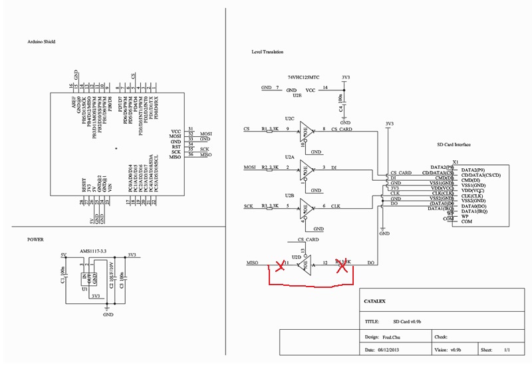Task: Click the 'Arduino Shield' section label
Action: coord(41,41)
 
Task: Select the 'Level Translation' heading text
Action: coord(267,51)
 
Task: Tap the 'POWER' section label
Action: coord(36,239)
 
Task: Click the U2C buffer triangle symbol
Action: coord(307,130)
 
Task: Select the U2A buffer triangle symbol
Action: coord(307,168)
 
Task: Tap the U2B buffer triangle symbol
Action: coord(307,207)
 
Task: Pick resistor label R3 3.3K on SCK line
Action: coord(269,205)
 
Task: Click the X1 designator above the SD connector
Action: coord(456,162)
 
